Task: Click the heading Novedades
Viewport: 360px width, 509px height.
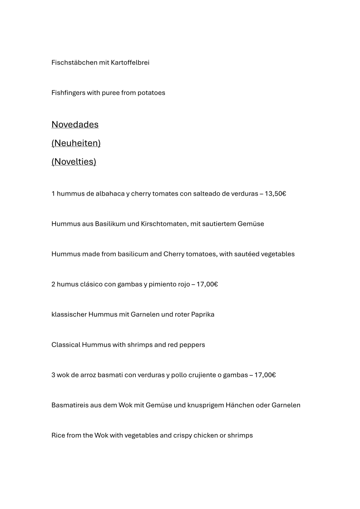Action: point(75,124)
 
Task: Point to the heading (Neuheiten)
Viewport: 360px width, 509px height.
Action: point(76,143)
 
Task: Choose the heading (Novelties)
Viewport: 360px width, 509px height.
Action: point(74,162)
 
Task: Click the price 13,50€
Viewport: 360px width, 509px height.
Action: point(275,194)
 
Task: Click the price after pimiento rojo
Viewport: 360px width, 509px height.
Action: point(207,284)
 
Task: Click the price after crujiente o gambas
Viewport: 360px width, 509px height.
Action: point(265,375)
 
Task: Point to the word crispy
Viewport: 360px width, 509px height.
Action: point(182,436)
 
